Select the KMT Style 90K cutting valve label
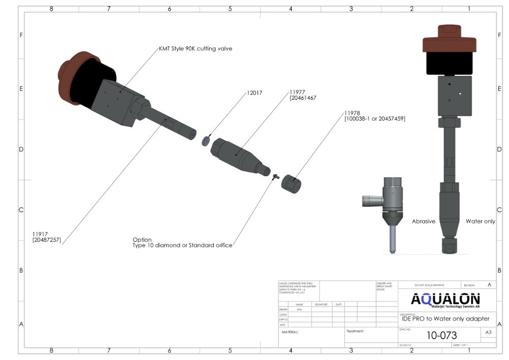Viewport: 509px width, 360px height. (x=196, y=49)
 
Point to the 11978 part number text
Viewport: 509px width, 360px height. (x=352, y=113)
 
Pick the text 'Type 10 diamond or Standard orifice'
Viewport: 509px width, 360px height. (x=182, y=245)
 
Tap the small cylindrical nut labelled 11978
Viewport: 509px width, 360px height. (x=291, y=181)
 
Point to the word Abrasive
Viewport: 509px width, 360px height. (x=423, y=221)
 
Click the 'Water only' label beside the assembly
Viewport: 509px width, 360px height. (x=480, y=221)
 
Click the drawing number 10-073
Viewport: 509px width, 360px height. (x=441, y=336)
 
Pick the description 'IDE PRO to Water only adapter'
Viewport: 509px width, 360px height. (x=445, y=319)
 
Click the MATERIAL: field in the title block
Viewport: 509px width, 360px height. (x=290, y=332)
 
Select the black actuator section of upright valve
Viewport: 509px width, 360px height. (x=449, y=64)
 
